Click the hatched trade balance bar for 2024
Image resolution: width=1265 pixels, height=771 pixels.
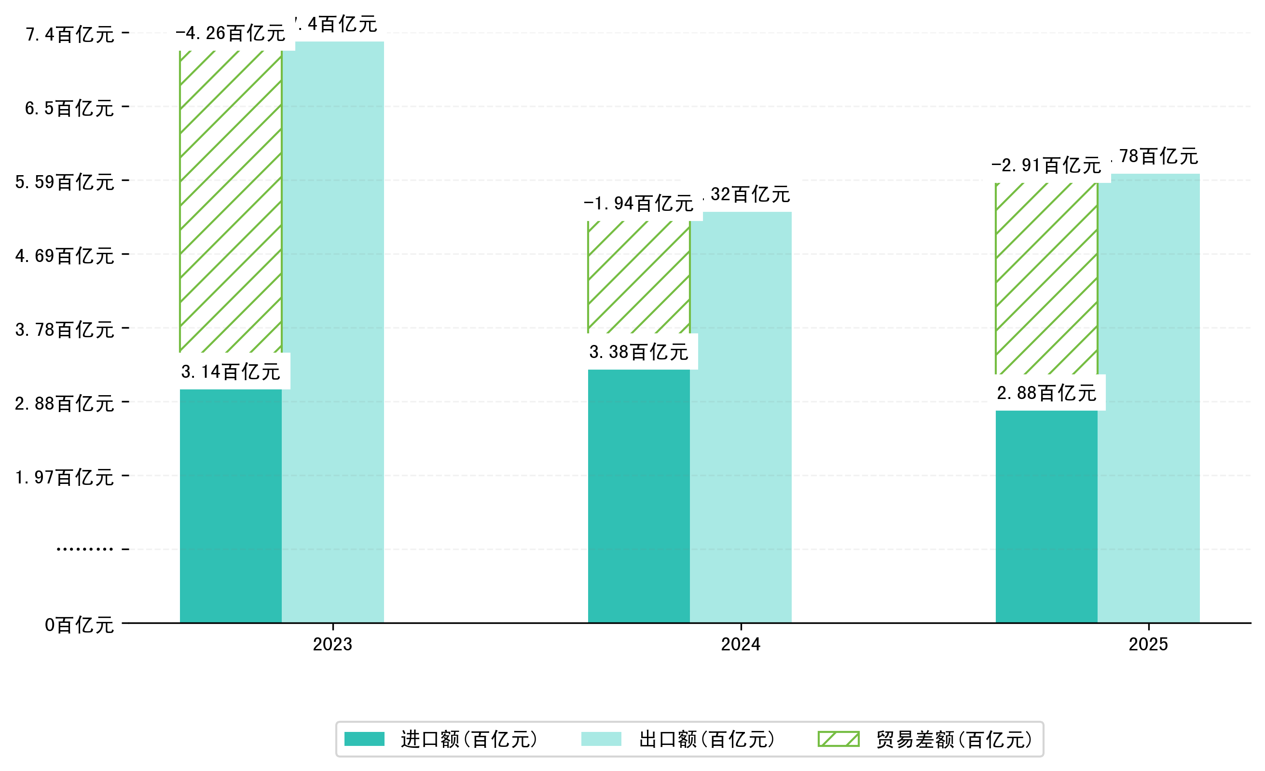[x=639, y=277]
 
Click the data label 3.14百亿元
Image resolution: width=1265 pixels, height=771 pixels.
[x=231, y=372]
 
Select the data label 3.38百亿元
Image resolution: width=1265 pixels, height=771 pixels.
[x=639, y=352]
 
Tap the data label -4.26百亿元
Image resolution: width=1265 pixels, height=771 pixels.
[x=231, y=33]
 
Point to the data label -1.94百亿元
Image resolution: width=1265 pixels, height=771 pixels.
[x=639, y=204]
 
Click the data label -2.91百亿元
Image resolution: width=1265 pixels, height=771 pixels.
[x=1046, y=165]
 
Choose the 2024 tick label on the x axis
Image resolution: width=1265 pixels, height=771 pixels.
[x=740, y=644]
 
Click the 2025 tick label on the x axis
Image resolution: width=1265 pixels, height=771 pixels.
[x=1148, y=644]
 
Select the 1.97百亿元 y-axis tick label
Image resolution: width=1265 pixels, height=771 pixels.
[x=65, y=477]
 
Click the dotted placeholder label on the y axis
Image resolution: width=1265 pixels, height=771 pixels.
[x=85, y=549]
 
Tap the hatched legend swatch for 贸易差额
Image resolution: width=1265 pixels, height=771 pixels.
[x=839, y=739]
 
